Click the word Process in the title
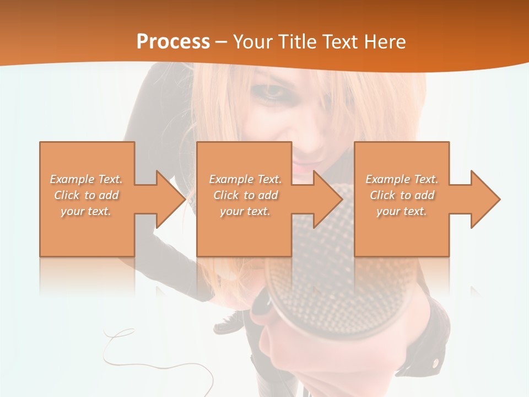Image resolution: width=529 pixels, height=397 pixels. point(173,41)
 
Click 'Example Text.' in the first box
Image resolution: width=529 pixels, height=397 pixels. point(86,179)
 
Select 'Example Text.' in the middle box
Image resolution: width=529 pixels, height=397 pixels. point(245,179)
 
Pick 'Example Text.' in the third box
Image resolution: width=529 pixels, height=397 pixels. point(402,179)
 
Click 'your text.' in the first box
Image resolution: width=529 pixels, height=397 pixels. point(86,211)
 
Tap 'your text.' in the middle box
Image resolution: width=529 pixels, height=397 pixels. point(245,211)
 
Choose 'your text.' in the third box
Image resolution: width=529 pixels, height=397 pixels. point(402,211)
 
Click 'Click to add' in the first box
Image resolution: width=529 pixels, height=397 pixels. point(86,195)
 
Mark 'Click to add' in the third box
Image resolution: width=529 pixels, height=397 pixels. point(402,195)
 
